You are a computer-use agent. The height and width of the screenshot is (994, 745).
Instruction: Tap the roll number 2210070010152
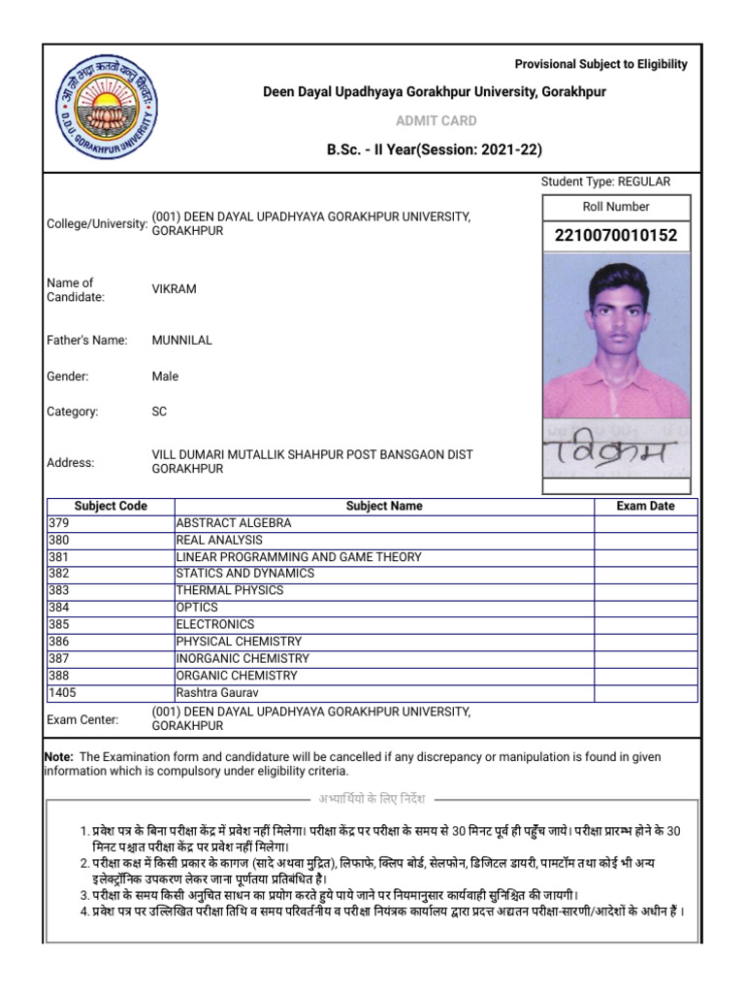click(616, 236)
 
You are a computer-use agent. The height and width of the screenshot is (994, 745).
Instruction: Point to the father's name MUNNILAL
click(181, 341)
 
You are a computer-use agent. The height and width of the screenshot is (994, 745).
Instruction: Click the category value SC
click(159, 412)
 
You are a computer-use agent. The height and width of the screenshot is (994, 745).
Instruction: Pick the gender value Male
click(165, 377)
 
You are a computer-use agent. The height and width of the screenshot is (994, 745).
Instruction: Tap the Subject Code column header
click(111, 506)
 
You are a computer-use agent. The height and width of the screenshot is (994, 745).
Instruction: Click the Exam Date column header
click(645, 506)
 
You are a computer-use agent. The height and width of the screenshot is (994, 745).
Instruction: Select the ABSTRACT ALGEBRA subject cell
click(234, 523)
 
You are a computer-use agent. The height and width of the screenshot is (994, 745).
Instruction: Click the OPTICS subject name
click(197, 608)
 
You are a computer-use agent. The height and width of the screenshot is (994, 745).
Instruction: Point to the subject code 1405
click(62, 692)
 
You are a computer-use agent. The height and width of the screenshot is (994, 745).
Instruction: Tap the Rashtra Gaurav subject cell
click(217, 692)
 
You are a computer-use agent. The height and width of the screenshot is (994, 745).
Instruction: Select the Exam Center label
click(82, 719)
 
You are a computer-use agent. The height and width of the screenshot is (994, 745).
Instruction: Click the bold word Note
click(59, 756)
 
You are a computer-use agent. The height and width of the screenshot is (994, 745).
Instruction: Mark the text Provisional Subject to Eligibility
click(600, 64)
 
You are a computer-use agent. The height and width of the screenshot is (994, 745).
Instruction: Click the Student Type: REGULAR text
click(605, 182)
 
